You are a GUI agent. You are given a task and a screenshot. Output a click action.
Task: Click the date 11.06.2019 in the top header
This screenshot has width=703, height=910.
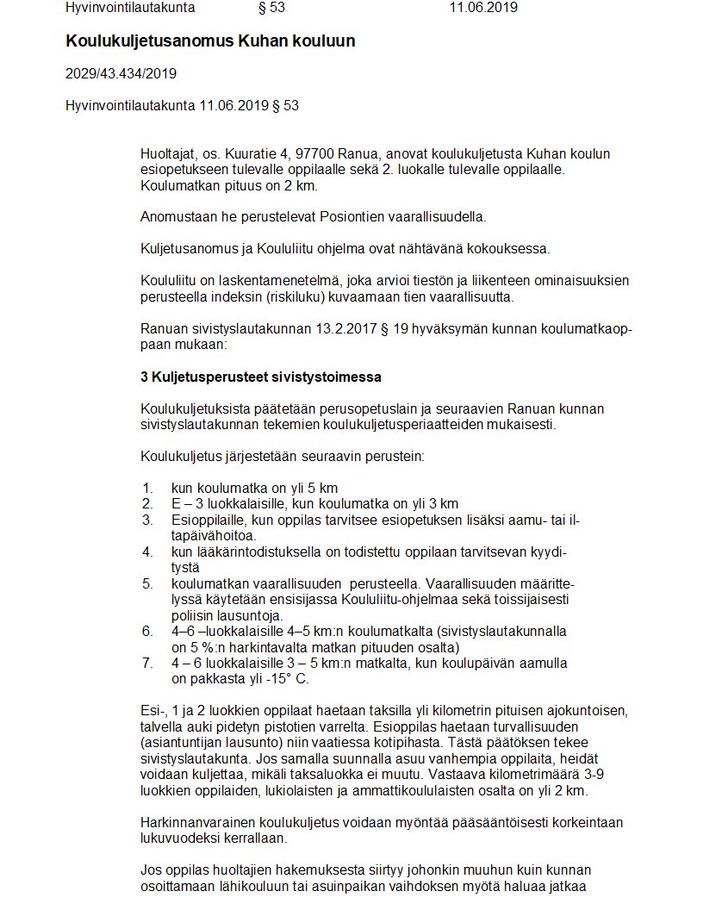click(482, 8)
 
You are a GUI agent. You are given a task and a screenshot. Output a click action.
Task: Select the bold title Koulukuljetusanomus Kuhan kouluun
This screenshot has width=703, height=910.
click(210, 41)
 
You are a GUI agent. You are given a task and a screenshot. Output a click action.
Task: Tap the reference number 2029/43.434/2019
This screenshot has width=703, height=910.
click(121, 73)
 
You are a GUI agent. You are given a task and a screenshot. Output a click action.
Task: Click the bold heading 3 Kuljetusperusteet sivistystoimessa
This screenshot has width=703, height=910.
click(260, 377)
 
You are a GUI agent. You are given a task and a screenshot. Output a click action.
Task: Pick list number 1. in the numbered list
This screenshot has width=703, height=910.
click(148, 488)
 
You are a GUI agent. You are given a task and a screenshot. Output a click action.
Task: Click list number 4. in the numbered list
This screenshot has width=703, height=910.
click(148, 552)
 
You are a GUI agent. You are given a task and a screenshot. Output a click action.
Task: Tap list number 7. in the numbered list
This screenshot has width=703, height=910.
click(148, 663)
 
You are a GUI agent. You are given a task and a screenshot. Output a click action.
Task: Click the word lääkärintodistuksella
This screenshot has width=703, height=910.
click(240, 552)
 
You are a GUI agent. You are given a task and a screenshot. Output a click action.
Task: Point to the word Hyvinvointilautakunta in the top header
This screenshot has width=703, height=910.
click(130, 8)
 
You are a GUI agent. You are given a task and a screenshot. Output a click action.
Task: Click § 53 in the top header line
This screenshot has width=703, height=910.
click(271, 8)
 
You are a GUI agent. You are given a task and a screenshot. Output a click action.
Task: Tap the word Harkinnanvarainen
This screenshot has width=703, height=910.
click(197, 823)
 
